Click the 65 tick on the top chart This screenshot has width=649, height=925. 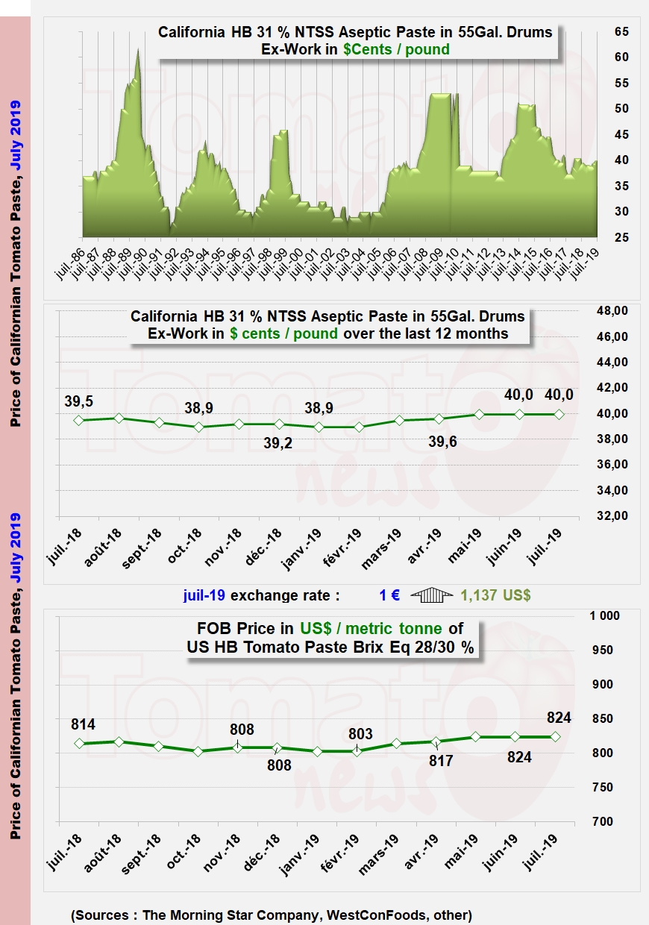click(621, 32)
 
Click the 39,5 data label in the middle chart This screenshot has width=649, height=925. click(78, 401)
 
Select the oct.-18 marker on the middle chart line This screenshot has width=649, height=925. click(198, 427)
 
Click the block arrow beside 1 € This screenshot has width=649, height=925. click(432, 595)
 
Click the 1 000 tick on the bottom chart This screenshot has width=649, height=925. click(605, 616)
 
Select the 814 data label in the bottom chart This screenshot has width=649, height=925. click(83, 724)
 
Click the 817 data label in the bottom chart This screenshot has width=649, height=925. click(439, 762)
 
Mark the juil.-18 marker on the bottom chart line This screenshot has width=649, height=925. click(78, 744)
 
